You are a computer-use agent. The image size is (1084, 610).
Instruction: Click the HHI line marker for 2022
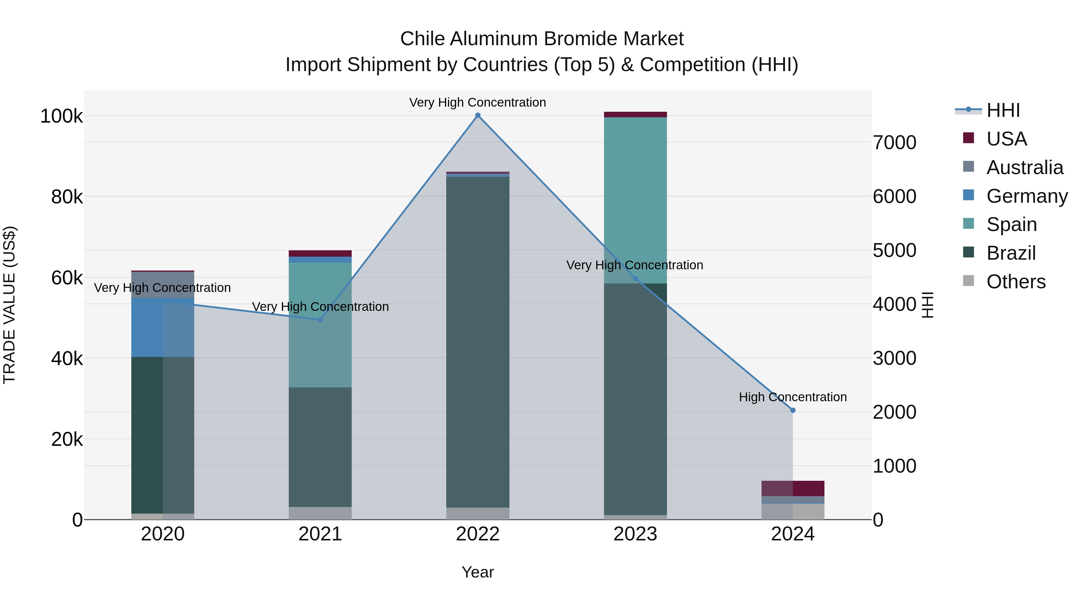pos(478,115)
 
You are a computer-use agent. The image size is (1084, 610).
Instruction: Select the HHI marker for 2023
pos(635,279)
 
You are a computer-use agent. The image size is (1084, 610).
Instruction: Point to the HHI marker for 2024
pos(793,410)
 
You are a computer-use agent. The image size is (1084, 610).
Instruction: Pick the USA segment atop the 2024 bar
pos(793,488)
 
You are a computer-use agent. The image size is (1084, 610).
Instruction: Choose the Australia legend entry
pos(1025,167)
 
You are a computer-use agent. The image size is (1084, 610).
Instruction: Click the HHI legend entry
pos(1003,110)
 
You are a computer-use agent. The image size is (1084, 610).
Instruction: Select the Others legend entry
pos(1016,282)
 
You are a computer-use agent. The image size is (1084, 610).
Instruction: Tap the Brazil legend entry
pos(1011,253)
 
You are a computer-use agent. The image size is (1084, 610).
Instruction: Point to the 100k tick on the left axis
pos(61,116)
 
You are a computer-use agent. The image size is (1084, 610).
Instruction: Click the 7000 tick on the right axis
pos(895,143)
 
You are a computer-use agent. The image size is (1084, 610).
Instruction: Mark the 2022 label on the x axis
pos(478,534)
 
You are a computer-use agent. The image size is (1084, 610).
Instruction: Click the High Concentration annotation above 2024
pos(793,397)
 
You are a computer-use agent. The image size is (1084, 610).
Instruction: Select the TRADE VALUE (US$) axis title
pos(9,305)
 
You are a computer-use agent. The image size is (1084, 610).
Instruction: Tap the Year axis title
pos(478,572)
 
